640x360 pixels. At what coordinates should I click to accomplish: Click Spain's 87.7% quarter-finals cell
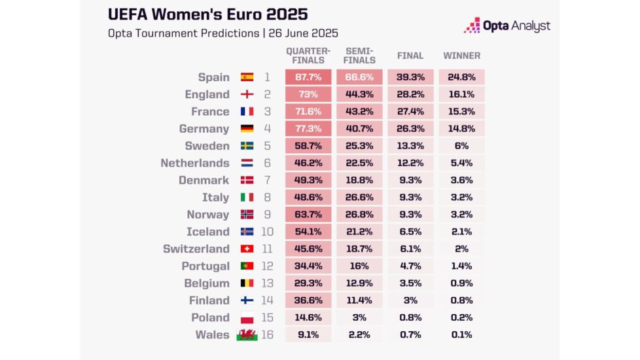pos(308,77)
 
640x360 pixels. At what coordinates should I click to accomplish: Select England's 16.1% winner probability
pos(461,94)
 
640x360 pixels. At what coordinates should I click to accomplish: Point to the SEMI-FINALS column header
pos(359,56)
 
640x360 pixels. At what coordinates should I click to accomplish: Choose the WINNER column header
pos(461,56)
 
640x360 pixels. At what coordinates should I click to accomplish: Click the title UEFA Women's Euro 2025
pos(208,14)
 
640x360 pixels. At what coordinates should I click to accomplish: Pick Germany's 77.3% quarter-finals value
pos(308,128)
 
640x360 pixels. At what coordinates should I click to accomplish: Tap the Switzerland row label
pos(196,249)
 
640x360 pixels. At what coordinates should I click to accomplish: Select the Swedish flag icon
pos(247,146)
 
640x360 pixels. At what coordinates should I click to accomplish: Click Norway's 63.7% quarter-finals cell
pos(308,214)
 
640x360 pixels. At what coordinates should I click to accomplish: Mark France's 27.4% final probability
pos(410,111)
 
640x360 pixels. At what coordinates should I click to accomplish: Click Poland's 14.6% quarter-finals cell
pos(308,317)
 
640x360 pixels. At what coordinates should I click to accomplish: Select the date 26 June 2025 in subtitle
pos(303,33)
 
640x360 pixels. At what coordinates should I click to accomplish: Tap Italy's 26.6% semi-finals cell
pos(359,197)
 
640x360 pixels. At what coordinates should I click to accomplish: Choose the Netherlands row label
pos(195,163)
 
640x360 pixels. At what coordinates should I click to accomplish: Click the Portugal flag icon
pos(247,266)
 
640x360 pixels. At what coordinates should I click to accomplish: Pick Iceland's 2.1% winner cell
pos(461,232)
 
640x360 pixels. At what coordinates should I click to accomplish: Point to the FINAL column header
pos(410,56)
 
